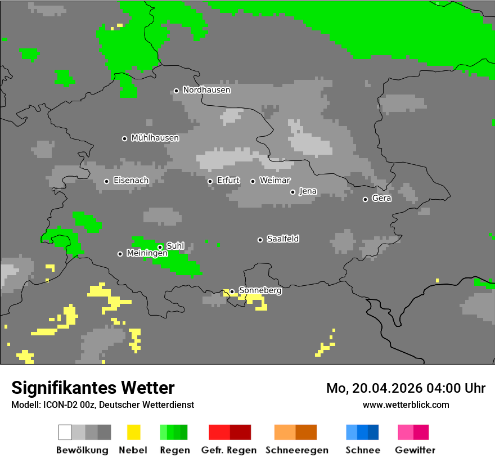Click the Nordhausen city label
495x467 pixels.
pos(206,90)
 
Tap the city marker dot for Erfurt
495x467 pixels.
pos(210,181)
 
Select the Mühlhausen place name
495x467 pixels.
pos(155,138)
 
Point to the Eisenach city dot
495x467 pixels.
pos(106,181)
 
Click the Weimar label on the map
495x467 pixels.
pos(274,181)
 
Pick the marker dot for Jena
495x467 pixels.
pos(292,192)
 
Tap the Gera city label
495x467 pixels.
pos(381,199)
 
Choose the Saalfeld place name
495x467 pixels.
pos(282,239)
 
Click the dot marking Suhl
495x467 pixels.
pos(160,247)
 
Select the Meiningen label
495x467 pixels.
pos(147,254)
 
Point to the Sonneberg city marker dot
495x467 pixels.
pos(232,291)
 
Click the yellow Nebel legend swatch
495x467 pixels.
pos(133,432)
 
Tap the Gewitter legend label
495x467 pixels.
pos(415,450)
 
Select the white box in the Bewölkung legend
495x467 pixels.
pos(65,432)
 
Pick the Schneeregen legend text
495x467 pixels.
pos(296,450)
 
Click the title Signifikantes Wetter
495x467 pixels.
pos(93,388)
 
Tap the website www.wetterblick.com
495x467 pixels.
pos(406,405)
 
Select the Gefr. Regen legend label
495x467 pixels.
pos(229,450)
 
